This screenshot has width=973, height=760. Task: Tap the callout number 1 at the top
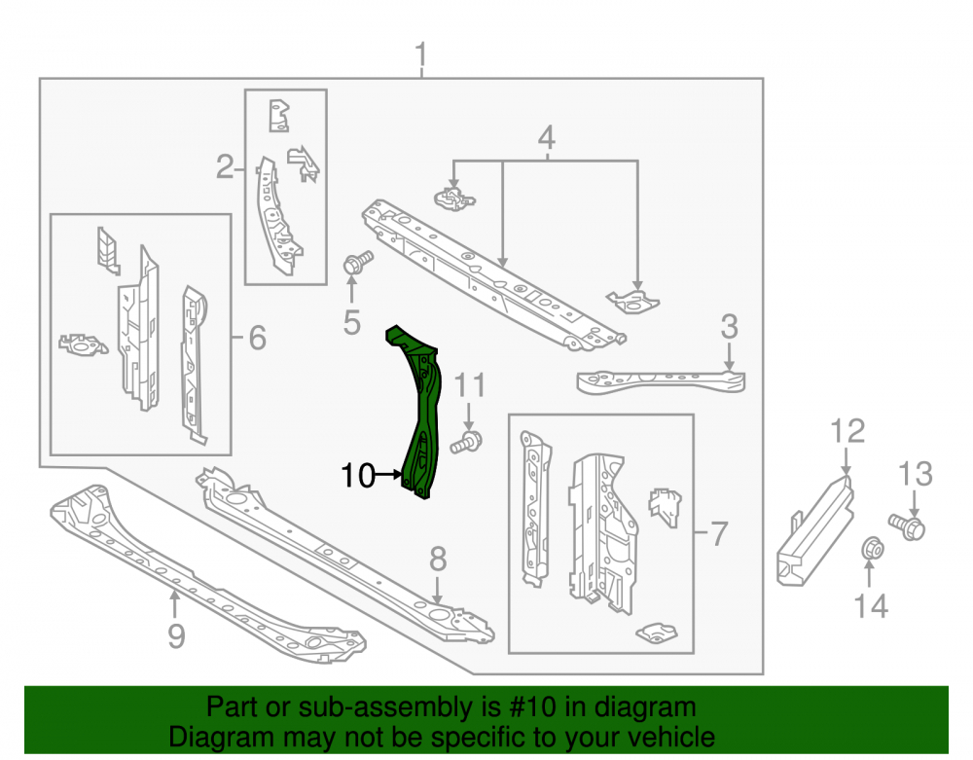[421, 55]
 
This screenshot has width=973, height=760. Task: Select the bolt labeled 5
[357, 263]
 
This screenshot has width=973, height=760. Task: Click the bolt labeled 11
[467, 441]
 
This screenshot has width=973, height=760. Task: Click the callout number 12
[847, 431]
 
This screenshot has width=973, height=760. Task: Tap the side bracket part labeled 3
[661, 380]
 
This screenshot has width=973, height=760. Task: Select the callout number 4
[546, 138]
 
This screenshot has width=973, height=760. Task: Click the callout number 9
[176, 635]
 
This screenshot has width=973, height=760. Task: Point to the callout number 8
[438, 559]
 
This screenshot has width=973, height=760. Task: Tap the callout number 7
[718, 533]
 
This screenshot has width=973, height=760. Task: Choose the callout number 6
[257, 338]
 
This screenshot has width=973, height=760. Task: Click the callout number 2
[225, 166]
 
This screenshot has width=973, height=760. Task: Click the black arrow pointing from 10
[389, 475]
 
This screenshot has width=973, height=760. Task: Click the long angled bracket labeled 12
[815, 529]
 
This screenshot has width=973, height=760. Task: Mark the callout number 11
[470, 385]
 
